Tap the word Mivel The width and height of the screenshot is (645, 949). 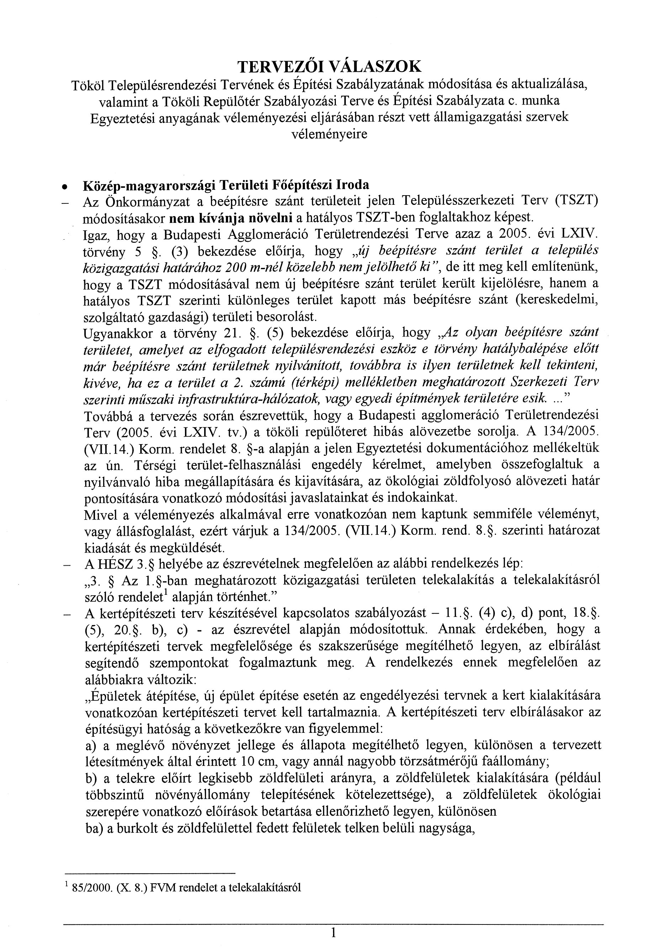[x=97, y=515]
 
